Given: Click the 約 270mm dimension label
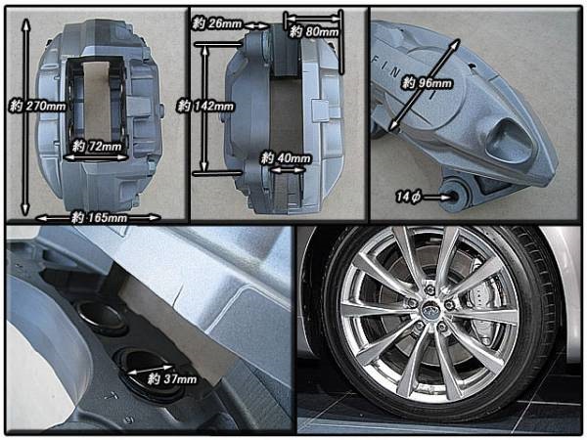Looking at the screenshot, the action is click(37, 107).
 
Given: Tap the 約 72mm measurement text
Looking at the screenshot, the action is click(97, 146).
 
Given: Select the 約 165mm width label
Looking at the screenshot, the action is click(99, 217).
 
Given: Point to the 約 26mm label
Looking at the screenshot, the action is click(217, 23).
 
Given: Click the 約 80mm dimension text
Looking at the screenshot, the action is click(314, 31).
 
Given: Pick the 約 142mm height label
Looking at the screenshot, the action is click(205, 107).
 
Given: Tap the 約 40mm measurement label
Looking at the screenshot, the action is click(286, 158).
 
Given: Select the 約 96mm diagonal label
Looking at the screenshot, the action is click(427, 83).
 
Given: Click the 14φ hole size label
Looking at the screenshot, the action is click(408, 197).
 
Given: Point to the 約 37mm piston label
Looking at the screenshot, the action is click(172, 379).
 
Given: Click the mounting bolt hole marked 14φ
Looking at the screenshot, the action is click(453, 196).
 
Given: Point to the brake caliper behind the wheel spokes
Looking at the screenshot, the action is click(481, 314).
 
